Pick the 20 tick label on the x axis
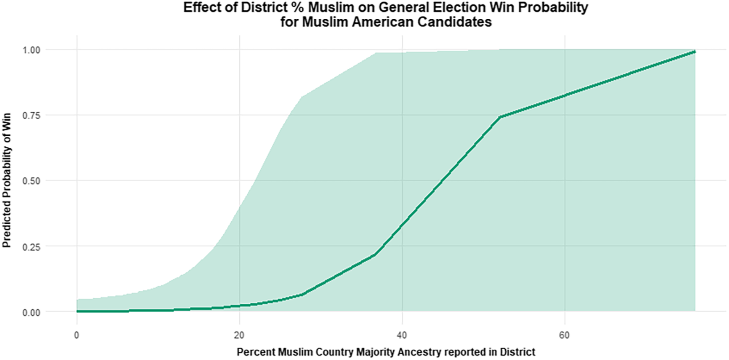click(x=240, y=335)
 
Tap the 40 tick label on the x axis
click(x=402, y=335)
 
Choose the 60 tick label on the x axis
click(x=565, y=335)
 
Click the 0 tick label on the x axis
click(x=77, y=335)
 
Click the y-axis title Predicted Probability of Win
click(x=7, y=180)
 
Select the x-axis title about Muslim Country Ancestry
click(x=386, y=352)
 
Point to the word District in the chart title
click(x=263, y=7)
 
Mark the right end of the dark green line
click(x=695, y=52)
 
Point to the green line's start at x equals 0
click(x=77, y=311)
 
